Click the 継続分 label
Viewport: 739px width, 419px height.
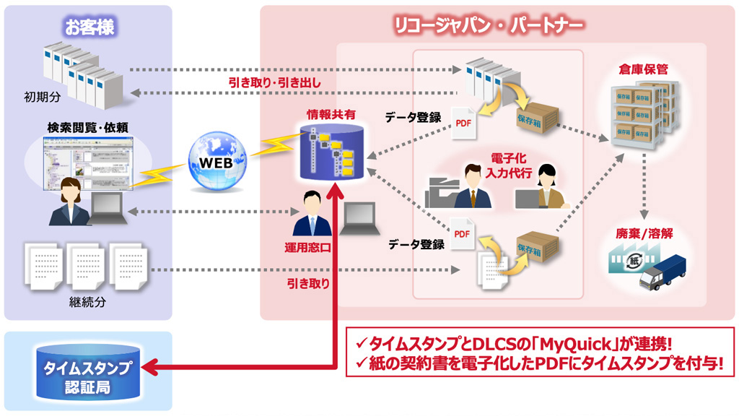coord(90,302)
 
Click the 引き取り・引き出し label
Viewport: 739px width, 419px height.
coord(275,82)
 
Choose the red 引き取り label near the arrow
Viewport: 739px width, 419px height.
coord(308,284)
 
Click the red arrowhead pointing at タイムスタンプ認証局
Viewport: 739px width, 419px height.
coord(148,368)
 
